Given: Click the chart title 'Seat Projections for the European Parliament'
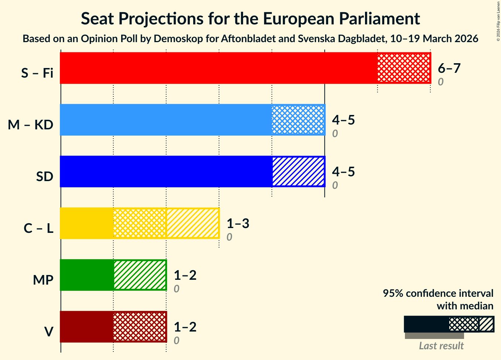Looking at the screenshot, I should tap(250, 18).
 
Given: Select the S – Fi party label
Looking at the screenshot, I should tap(37, 73).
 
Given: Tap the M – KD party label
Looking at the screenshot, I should tap(31, 125).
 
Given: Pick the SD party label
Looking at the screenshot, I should tap(45, 177).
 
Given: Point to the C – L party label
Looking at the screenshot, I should tap(38, 228).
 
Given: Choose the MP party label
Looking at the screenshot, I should tap(43, 280).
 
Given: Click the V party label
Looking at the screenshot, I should tap(48, 332).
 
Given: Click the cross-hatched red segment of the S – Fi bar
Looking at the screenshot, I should tap(404, 68).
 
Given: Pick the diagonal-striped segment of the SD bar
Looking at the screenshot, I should tap(298, 171).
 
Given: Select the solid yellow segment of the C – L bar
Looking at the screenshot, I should tap(86, 223).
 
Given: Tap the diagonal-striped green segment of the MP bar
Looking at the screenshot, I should tap(140, 275).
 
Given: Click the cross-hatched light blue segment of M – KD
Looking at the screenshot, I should tap(298, 120).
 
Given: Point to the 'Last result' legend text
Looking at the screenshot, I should tap(441, 346).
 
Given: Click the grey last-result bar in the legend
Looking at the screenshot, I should tap(434, 336).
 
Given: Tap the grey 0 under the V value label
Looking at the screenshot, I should tap(177, 340).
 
